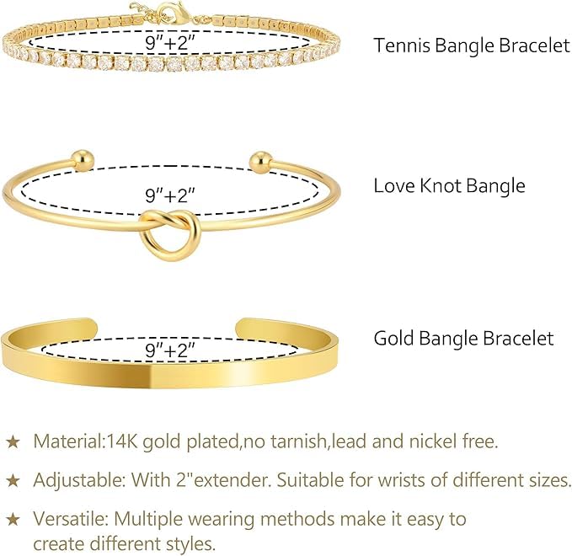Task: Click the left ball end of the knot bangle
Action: click(81, 158)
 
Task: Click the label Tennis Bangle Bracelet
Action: click(472, 45)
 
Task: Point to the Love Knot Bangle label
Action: click(449, 184)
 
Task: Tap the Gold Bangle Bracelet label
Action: click(464, 339)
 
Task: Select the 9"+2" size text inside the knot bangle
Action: click(170, 195)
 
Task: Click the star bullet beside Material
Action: click(13, 441)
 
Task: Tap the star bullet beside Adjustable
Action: click(13, 480)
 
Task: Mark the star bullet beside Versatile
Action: click(13, 519)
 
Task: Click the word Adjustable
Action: click(71, 480)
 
